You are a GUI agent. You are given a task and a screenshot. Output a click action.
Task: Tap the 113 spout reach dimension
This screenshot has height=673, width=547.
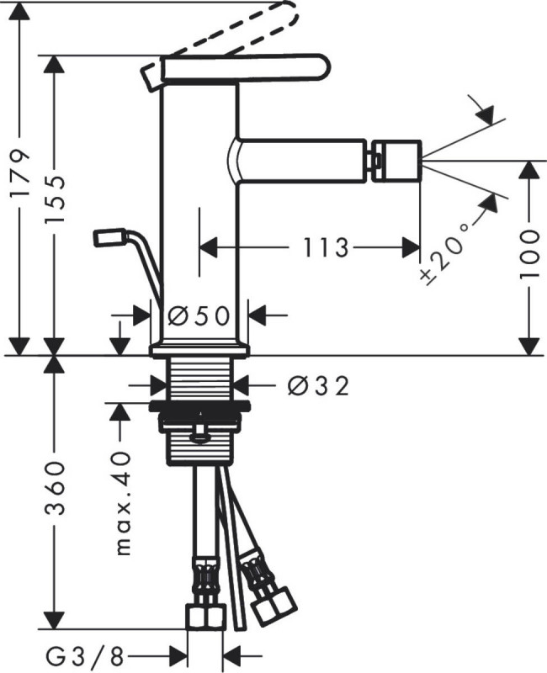coord(325,247)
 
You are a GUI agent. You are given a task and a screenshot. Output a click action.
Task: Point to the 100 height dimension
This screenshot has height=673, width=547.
coord(528,254)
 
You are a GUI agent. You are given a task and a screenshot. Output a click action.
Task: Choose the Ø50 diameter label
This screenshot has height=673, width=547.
coord(199,317)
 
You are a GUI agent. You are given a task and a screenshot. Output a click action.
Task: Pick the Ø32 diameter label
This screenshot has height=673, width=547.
coord(318,387)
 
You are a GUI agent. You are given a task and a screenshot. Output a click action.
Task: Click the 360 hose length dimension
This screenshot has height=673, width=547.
coord(55,488)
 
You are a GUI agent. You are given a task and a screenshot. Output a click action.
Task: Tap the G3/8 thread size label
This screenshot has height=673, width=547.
coord(85,656)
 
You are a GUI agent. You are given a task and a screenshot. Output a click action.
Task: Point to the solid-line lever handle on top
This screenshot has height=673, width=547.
coord(236,68)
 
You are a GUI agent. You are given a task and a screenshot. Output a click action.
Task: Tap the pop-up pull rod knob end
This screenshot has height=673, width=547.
coord(108,237)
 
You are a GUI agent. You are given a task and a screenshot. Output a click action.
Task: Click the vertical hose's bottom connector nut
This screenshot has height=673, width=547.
coord(206,617)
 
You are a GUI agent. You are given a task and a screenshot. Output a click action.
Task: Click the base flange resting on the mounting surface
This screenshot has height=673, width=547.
coord(199,350)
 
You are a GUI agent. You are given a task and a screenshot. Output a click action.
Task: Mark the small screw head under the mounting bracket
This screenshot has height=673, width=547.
coord(200,433)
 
